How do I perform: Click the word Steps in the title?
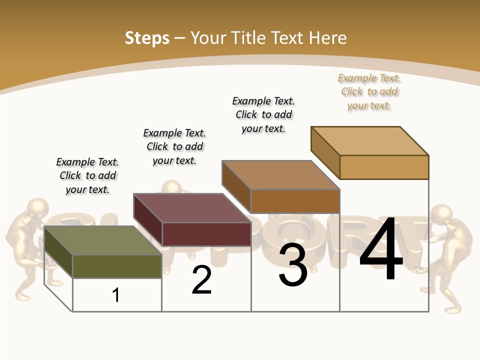[x=147, y=38]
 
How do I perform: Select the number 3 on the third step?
[x=293, y=265]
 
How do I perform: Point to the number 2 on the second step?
[x=202, y=280]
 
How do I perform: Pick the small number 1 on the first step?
[x=116, y=295]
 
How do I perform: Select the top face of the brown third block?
[x=280, y=175]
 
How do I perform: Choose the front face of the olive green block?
[x=117, y=266]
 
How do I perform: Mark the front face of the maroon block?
[x=206, y=234]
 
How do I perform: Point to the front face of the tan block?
[x=384, y=167]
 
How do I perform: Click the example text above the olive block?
[x=87, y=175]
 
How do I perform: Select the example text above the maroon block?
[x=174, y=146]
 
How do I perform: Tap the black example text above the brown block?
[x=263, y=114]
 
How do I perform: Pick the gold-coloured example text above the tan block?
[x=369, y=91]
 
